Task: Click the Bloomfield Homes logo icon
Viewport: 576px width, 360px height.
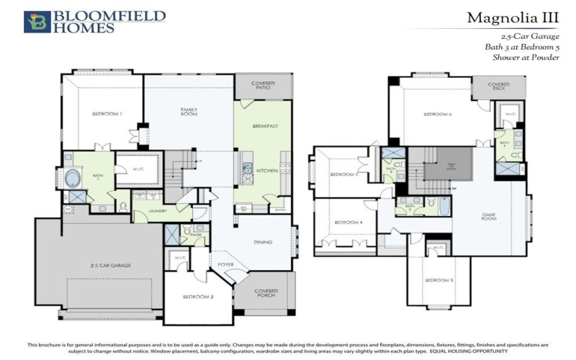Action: [x=35, y=22]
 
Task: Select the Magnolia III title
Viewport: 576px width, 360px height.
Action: [x=513, y=17]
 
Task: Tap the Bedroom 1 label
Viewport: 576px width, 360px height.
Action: [x=107, y=114]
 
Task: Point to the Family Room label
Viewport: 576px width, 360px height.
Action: [x=189, y=112]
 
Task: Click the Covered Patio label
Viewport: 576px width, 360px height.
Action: [x=263, y=86]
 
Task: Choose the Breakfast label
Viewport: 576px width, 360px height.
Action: [x=265, y=126]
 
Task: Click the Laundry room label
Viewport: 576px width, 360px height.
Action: [x=158, y=211]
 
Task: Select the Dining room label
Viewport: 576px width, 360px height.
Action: [x=263, y=243]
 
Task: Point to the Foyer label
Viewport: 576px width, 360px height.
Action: [x=226, y=264]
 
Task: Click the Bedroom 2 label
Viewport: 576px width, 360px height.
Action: [x=198, y=297]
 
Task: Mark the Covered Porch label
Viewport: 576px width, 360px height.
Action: [x=266, y=293]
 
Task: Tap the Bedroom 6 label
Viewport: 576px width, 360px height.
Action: [x=437, y=114]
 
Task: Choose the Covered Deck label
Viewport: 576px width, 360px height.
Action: [x=498, y=86]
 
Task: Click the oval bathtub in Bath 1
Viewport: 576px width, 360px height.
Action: [x=73, y=177]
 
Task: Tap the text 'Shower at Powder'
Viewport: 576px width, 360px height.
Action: [x=526, y=58]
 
